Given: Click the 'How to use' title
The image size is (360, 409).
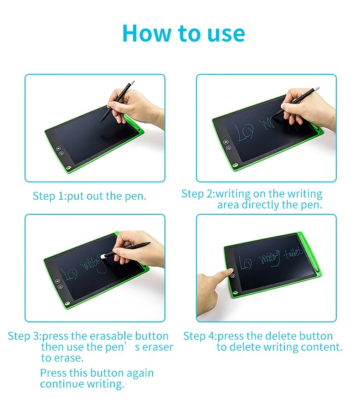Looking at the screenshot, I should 183,33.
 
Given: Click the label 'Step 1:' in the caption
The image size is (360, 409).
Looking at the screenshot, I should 49,196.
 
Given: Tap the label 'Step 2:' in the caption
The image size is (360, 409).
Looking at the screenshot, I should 198,193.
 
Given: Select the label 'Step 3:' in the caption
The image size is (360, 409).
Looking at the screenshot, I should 24,336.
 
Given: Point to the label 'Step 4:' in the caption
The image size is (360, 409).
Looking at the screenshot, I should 200,336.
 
